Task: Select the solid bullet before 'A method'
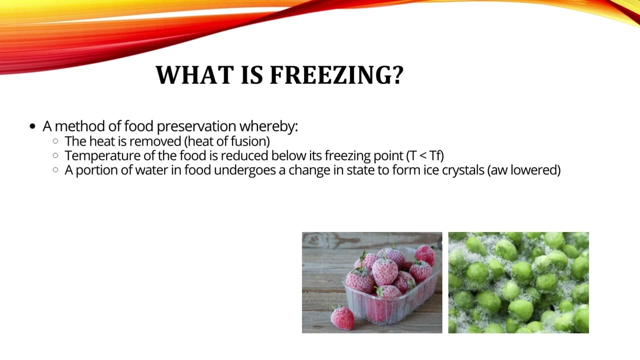point(33,126)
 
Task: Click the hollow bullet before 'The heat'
point(55,141)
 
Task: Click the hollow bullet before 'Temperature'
point(55,156)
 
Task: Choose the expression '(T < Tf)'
point(425,155)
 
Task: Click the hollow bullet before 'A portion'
point(55,170)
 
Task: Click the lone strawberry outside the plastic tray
point(342,318)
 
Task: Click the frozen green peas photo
point(518,282)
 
